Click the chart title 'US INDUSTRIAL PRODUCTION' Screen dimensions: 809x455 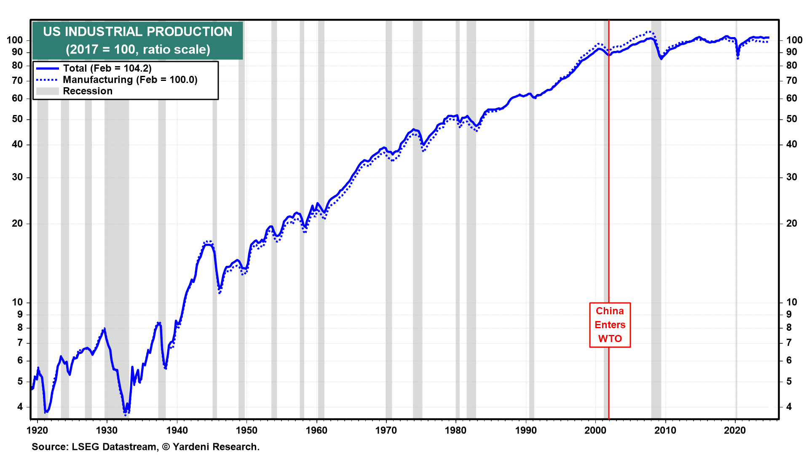coord(138,32)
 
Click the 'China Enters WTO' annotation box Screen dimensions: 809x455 coord(610,325)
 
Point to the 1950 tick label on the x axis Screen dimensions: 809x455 coord(246,430)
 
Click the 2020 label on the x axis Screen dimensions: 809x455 coord(735,430)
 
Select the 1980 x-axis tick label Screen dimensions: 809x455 coord(456,430)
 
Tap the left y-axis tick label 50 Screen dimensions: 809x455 coord(17,119)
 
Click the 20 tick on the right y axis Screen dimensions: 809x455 coord(792,223)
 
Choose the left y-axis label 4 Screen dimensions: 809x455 coord(20,407)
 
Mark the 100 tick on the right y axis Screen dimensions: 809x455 coord(794,40)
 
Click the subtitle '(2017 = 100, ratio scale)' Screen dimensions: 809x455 coord(138,49)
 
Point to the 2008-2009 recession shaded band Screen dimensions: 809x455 coord(656,219)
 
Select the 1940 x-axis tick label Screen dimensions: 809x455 coord(177,430)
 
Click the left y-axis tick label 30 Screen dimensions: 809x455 coord(17,177)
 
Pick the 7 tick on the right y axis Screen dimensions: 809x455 coord(789,343)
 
